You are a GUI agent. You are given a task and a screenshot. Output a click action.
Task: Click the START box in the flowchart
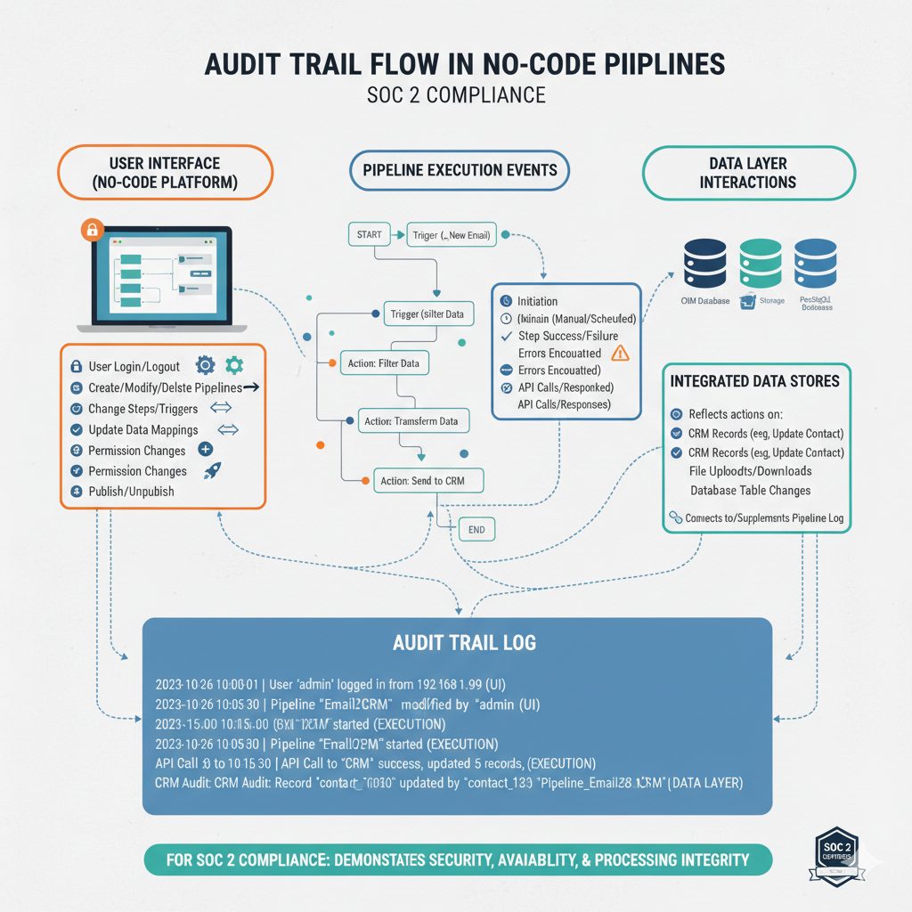[x=370, y=235]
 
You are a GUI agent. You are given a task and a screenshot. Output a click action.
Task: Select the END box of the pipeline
[x=476, y=529]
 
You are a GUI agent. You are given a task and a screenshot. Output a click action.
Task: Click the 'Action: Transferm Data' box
[x=414, y=421]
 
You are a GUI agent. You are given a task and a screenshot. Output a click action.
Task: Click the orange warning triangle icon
[x=620, y=353]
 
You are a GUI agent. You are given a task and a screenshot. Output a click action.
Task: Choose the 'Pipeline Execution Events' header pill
[x=460, y=169]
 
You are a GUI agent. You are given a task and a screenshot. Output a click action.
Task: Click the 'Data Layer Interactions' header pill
[x=748, y=173]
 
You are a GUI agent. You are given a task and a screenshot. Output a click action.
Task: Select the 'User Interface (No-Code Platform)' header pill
[x=165, y=173]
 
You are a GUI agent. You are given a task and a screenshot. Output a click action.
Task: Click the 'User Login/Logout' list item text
[x=134, y=366]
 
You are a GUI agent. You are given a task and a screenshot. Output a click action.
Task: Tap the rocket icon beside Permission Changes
[x=212, y=471]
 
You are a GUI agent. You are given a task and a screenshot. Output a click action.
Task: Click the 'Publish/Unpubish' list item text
[x=131, y=492]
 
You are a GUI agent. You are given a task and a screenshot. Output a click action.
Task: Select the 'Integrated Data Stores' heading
[x=754, y=381]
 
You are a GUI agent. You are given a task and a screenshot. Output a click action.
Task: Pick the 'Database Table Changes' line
[x=750, y=491]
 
